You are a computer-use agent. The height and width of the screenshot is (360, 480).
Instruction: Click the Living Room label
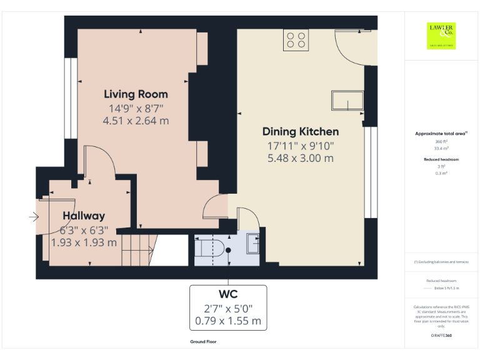136,94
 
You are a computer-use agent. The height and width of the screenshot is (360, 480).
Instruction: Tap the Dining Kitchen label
301,131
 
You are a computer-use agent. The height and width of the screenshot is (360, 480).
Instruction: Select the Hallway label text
83,216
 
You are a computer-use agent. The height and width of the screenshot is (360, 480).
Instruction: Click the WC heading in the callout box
228,294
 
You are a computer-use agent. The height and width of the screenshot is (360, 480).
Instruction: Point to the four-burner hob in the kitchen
296,39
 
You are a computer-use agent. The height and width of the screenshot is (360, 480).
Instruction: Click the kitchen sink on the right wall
347,102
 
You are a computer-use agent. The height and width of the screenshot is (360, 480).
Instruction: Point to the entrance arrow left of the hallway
33,217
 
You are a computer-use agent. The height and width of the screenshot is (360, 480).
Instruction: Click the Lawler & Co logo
441,36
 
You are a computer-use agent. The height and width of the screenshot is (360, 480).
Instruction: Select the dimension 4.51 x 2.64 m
136,121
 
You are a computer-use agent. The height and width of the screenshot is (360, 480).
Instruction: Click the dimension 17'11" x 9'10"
301,146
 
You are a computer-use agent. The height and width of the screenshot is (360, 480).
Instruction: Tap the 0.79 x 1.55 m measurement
228,322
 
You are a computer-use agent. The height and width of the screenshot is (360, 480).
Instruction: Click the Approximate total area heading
441,134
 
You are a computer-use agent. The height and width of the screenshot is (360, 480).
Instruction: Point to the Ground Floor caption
204,342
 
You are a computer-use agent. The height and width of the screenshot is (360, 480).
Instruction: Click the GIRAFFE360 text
441,336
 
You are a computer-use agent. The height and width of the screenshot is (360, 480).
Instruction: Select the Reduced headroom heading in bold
441,159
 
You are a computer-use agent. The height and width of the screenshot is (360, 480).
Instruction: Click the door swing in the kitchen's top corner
349,44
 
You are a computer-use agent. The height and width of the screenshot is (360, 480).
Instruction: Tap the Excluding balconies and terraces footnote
441,262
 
